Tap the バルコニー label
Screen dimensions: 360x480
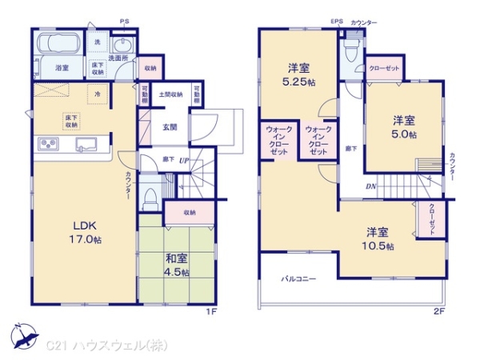click(x=298, y=279)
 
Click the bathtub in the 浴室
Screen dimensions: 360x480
click(x=56, y=45)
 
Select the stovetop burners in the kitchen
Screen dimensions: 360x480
click(x=48, y=145)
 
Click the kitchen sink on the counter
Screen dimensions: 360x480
click(x=86, y=145)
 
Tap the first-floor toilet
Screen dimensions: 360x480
click(x=150, y=197)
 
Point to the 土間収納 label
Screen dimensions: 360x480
click(x=170, y=94)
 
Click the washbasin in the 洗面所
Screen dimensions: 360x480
click(x=122, y=45)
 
